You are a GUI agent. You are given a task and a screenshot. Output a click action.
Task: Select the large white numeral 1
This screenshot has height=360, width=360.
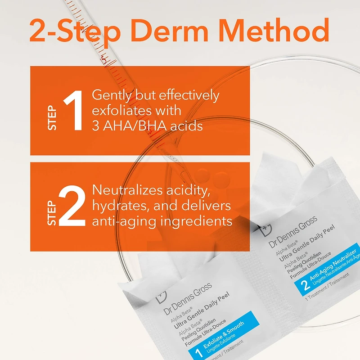[x=73, y=111]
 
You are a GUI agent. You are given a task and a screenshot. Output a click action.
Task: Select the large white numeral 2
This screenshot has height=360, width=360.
[x=72, y=206]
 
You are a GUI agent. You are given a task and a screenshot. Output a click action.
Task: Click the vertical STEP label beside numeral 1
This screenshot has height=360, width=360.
[x=53, y=118]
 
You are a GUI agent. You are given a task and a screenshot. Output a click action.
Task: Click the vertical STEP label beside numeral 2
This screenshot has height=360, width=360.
[x=53, y=212]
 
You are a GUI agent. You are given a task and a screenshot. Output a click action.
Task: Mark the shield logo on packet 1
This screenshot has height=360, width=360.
[x=160, y=296]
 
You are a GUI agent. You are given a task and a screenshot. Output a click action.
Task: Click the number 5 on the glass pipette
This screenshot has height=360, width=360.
[x=104, y=59]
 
